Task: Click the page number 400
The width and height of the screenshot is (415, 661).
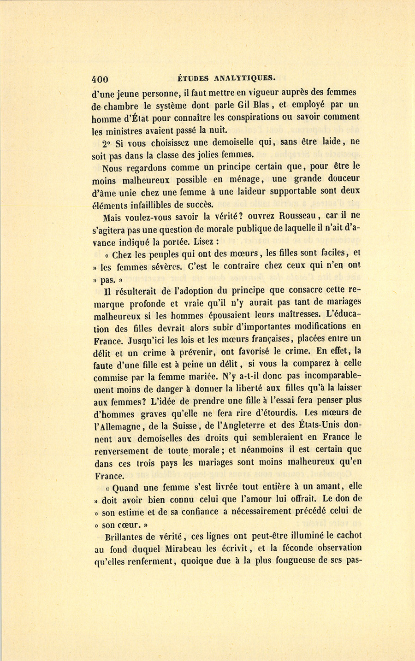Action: (100, 79)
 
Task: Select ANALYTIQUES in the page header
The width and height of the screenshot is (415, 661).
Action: (245, 78)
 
